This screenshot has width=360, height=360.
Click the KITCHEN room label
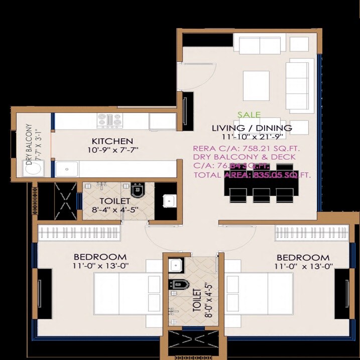tap(112, 141)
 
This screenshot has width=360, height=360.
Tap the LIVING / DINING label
tap(252, 128)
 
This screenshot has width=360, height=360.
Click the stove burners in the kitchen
tap(109, 121)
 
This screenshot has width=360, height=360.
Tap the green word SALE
tap(249, 115)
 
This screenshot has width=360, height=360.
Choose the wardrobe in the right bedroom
tap(312, 232)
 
